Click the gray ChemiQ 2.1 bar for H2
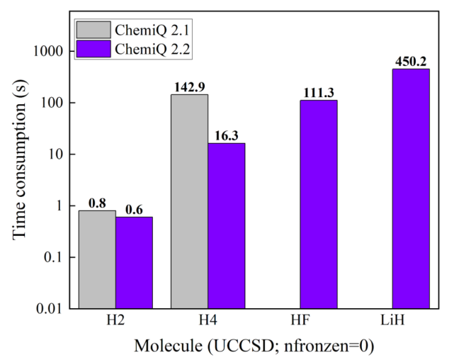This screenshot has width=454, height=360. [97, 259]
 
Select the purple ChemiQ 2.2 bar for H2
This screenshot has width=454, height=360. [134, 262]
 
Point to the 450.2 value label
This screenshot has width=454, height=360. [411, 61]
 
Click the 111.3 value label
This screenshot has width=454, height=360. [319, 92]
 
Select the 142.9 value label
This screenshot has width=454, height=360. [189, 86]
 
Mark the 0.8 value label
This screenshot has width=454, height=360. [97, 203]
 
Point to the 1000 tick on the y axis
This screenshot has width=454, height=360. [52, 52]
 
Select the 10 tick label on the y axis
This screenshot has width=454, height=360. [57, 154]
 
